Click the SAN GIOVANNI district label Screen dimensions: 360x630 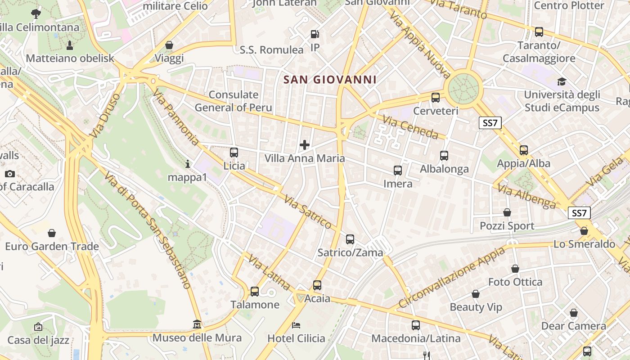(x=330, y=80)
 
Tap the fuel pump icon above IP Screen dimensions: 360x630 (x=315, y=34)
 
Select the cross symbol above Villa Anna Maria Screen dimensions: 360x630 (x=305, y=145)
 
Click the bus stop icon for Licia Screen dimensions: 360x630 (x=234, y=153)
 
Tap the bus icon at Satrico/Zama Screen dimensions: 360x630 (x=350, y=239)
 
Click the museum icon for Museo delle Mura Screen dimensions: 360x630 (x=197, y=324)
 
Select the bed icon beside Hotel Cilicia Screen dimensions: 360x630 (x=296, y=325)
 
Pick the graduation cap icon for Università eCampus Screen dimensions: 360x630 (x=562, y=81)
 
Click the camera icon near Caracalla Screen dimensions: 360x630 (x=10, y=174)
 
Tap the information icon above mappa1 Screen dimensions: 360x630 (x=188, y=164)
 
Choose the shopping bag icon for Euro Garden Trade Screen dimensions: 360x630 (x=52, y=233)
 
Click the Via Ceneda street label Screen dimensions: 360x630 (x=410, y=127)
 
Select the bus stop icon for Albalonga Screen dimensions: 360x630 (x=444, y=156)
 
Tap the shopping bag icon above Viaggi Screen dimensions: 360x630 (x=169, y=45)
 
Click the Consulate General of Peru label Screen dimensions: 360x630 (x=234, y=101)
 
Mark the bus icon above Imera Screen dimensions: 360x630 (x=398, y=171)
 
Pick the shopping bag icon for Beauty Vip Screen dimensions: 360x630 (x=476, y=294)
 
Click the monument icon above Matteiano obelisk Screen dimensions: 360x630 (x=70, y=45)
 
